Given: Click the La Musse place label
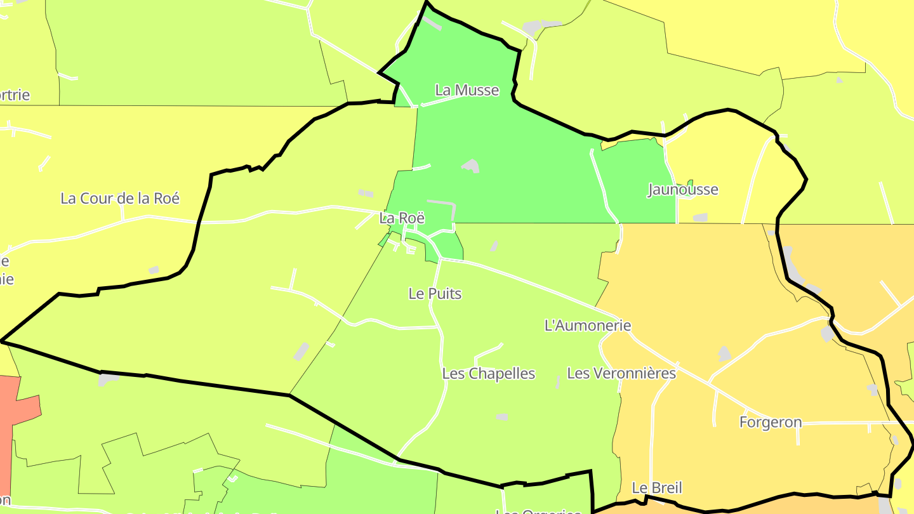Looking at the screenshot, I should coord(467,90).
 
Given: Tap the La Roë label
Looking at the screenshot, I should coord(401,218).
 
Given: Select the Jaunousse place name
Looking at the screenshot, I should coord(683,189).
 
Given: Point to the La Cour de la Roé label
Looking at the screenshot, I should coord(120,198).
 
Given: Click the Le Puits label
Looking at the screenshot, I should coord(435,293).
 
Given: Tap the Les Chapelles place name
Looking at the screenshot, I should coord(488,374).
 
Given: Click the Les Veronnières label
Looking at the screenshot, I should coord(621,373).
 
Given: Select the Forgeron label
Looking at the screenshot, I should coord(771,422).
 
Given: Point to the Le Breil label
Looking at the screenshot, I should coord(657,487).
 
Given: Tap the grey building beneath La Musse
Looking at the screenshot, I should coord(471,166).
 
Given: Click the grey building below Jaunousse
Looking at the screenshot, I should coord(700,218).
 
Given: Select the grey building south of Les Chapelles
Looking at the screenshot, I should coord(501,417).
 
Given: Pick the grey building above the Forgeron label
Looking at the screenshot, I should coord(724,353).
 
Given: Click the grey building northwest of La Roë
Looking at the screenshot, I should coord(366,193).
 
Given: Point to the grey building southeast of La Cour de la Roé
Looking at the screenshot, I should coord(154,270).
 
